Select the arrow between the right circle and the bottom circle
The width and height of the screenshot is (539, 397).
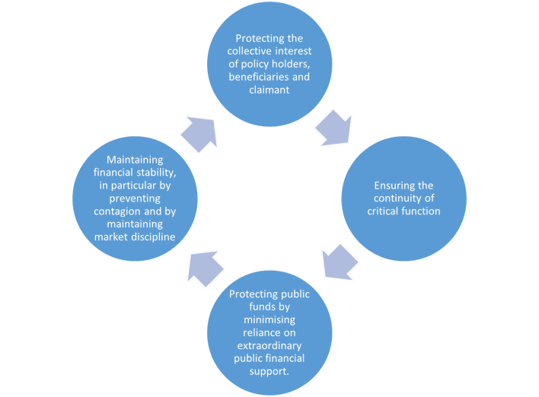[339, 261]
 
